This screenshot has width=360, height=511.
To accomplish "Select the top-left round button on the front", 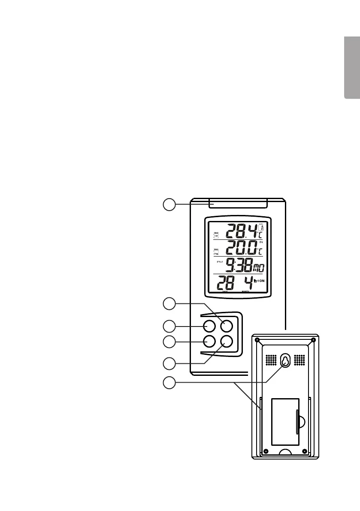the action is pos(209,326).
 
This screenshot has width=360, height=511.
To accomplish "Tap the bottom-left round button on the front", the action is pos(209,342).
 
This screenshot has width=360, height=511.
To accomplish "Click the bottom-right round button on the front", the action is pos(226,342).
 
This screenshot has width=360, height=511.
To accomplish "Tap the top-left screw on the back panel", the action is pos(257,340).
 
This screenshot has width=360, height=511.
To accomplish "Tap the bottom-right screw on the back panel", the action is pos(304,451).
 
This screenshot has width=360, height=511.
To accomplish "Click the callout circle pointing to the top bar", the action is pos(169,204).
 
